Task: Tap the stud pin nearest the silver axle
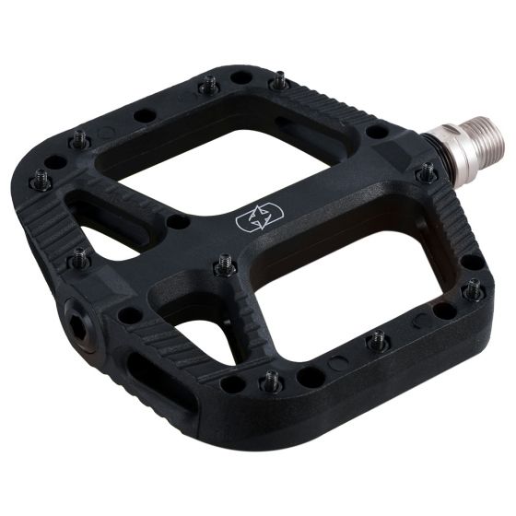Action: pyautogui.click(x=426, y=172)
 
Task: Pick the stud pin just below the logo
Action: pyautogui.click(x=226, y=267)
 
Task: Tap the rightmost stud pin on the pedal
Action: pyautogui.click(x=474, y=291)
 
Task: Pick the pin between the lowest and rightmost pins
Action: pyautogui.click(x=378, y=341)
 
